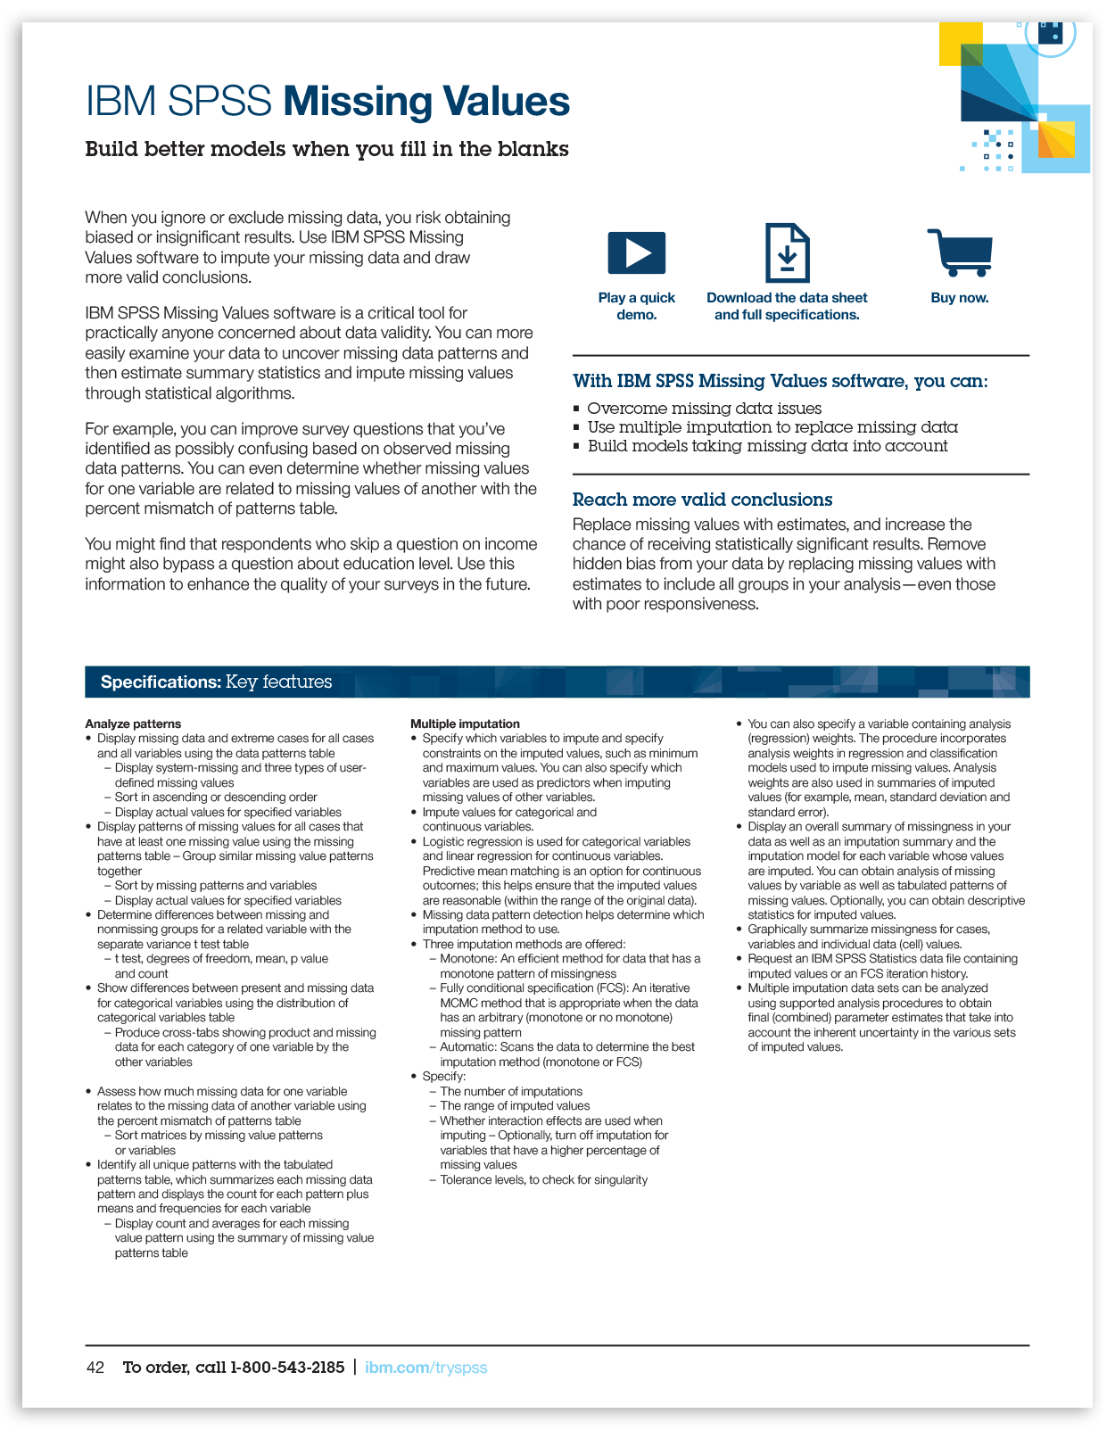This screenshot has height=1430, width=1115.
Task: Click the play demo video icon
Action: click(x=636, y=252)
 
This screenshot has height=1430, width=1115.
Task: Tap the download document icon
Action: click(x=787, y=253)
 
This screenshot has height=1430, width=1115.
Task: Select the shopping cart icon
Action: click(x=961, y=253)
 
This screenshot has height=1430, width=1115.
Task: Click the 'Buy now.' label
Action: click(x=960, y=298)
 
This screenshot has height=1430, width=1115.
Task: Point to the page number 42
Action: click(x=95, y=1368)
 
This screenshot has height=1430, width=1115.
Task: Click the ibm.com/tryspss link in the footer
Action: click(x=425, y=1368)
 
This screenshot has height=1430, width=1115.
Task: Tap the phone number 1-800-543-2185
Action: click(x=287, y=1368)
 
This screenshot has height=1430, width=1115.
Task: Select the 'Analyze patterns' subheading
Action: click(x=133, y=723)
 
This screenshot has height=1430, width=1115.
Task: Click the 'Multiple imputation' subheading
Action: click(x=465, y=723)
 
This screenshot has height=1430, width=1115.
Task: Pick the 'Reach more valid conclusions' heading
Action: click(x=702, y=500)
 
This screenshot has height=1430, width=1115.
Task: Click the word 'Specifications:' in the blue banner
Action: click(x=161, y=682)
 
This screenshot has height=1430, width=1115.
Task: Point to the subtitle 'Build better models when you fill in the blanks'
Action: click(x=326, y=149)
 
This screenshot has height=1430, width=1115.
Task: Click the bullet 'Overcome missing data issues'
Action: click(x=704, y=409)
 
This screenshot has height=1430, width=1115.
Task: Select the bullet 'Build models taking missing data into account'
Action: click(x=767, y=446)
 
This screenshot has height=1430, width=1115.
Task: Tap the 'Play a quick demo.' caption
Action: click(x=636, y=306)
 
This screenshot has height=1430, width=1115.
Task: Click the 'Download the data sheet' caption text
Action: click(x=787, y=298)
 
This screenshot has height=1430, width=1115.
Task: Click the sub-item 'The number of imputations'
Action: click(x=511, y=1091)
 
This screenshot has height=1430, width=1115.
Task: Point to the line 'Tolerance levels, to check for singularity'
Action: click(x=543, y=1179)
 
